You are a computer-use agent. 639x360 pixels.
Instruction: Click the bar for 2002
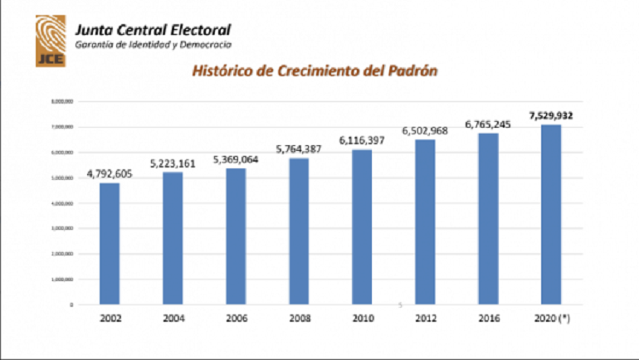[x=110, y=243]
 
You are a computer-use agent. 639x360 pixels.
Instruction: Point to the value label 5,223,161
[x=173, y=163]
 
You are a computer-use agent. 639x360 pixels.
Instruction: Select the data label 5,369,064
[x=236, y=159]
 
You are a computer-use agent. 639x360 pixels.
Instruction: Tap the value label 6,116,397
[x=361, y=141]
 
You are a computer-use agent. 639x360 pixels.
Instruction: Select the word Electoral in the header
[x=198, y=30]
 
